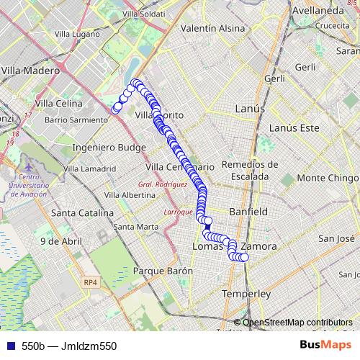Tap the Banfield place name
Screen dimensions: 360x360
(x=248, y=212)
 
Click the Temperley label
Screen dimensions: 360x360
(x=246, y=294)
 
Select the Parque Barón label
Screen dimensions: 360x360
(x=163, y=271)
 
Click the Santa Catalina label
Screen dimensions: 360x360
(x=82, y=213)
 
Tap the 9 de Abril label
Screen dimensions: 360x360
(x=60, y=241)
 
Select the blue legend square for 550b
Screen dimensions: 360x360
(x=9, y=346)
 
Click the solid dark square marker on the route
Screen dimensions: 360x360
(x=207, y=228)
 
